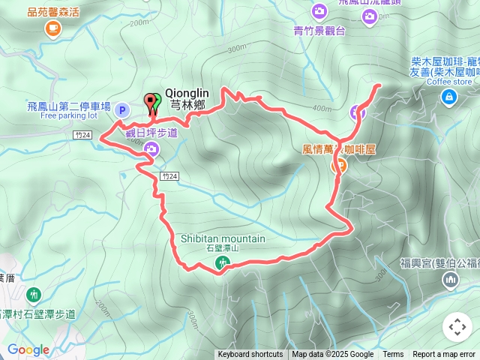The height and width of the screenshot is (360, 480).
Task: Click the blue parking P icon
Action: pos(121,110)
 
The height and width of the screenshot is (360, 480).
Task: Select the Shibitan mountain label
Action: pos(223,238)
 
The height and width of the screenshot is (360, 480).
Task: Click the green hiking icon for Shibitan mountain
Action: pos(222,262)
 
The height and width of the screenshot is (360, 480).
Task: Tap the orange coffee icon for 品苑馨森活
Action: pos(52,28)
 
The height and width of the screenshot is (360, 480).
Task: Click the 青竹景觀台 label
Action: pos(319,31)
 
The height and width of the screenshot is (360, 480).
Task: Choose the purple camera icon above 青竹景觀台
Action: pos(319,11)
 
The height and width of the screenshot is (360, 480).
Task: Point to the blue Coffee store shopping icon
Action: pos(448,95)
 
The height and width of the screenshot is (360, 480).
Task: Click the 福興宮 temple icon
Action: pos(450,280)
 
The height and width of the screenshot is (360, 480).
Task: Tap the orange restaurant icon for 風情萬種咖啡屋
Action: pos(338,166)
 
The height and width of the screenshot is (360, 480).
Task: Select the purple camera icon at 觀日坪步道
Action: pos(151,149)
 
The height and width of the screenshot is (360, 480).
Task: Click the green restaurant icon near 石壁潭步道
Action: pos(32,294)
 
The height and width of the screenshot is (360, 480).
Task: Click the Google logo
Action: pos(28,349)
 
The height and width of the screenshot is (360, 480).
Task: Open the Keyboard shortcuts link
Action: pos(250,355)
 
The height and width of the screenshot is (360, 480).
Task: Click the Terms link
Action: pos(393,355)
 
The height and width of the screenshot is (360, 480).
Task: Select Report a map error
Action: pos(444,355)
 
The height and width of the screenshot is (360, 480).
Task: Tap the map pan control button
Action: pos(457,327)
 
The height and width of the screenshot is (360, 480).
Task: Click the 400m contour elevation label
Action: pos(321,109)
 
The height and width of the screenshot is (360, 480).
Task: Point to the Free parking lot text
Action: pos(69,116)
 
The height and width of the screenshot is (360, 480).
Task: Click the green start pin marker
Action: pos(156,103)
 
